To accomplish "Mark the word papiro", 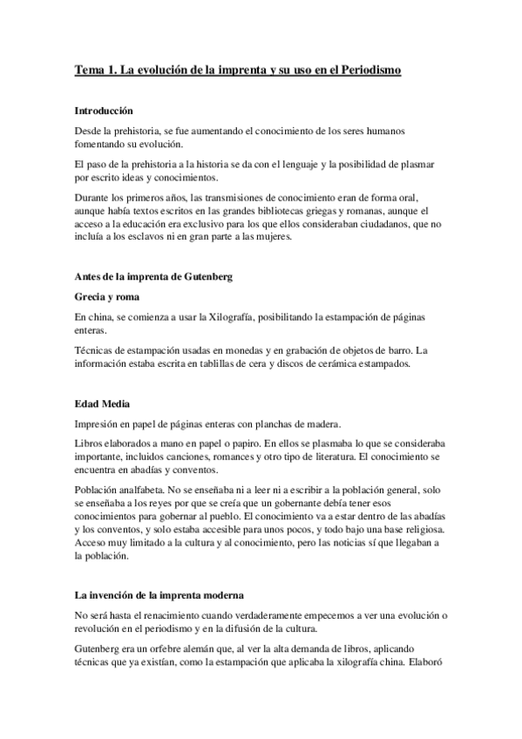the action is (230, 444).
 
